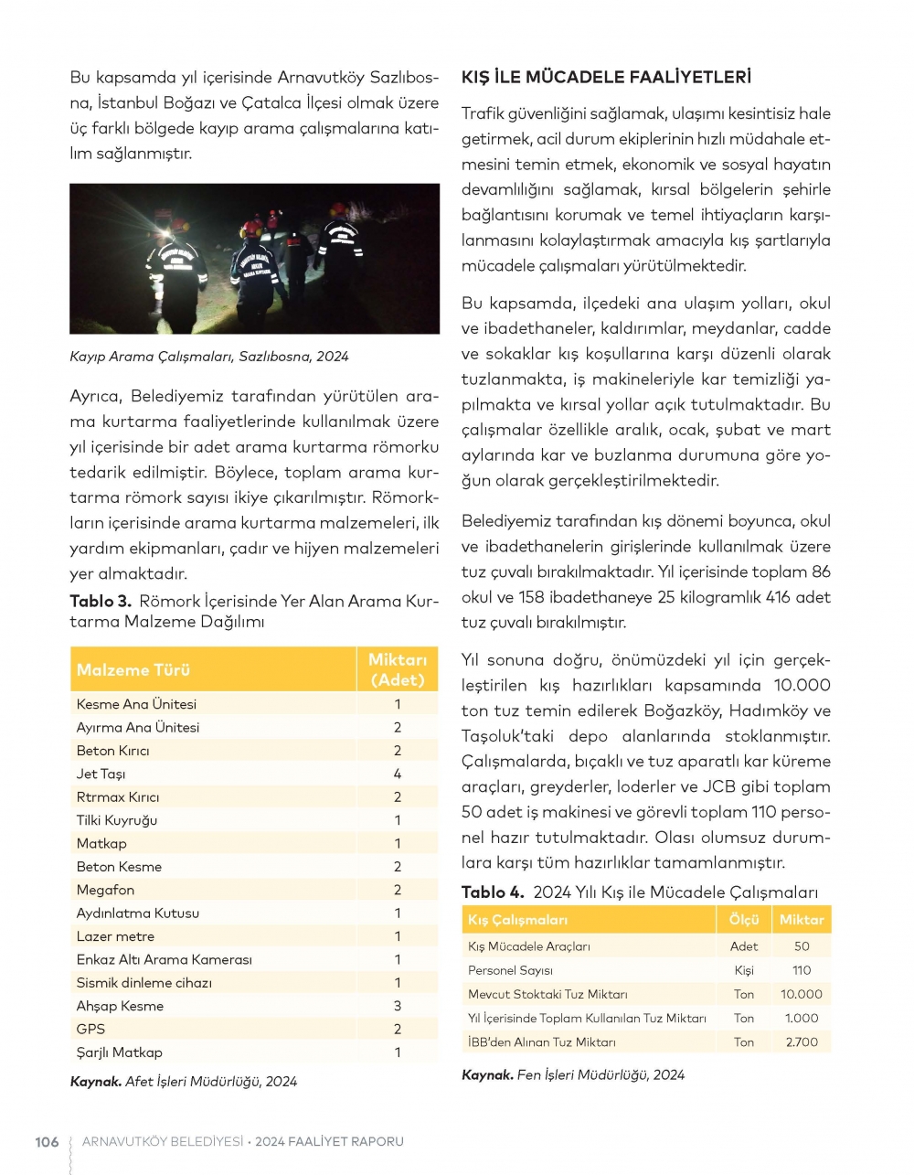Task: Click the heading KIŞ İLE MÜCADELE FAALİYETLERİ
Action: coord(606,77)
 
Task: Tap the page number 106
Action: coord(47,1141)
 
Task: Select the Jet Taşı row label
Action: coord(101,774)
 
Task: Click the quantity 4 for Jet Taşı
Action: coord(398,774)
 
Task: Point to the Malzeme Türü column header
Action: coord(133,669)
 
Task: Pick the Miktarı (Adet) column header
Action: coord(398,669)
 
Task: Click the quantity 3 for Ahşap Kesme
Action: coord(398,1006)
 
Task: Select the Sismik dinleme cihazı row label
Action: coord(143,982)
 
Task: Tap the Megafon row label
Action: coord(105,890)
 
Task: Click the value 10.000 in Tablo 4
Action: coord(802,994)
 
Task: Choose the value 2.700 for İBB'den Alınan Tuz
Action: coord(802,1041)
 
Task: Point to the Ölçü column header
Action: coord(744,919)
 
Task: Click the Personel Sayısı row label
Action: coord(510,970)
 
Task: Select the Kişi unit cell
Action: coord(744,970)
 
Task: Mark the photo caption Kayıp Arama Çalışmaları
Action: coord(208,356)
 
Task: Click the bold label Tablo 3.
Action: coord(101,601)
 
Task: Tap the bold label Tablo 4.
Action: coord(493,892)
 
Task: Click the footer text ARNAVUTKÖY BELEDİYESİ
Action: coord(163,1141)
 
